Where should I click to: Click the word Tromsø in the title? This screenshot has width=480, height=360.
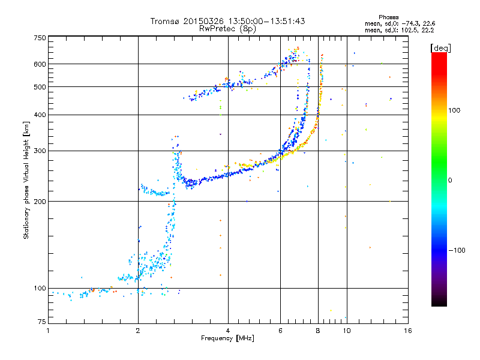point(166,21)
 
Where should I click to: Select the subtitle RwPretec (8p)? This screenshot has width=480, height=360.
point(227,29)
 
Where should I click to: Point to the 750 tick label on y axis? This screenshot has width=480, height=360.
point(40,38)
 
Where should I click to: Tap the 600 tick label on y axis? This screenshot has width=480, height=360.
point(40,64)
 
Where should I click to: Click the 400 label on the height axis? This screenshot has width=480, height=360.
point(40,115)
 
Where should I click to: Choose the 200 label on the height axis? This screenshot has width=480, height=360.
point(40,202)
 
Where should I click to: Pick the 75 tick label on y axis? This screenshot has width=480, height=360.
point(42,322)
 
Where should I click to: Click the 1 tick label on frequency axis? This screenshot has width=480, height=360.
point(48,331)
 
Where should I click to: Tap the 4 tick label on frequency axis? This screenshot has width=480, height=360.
point(228,331)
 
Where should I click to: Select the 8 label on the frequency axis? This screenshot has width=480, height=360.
point(318,331)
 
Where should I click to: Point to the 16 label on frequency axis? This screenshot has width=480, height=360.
point(408,331)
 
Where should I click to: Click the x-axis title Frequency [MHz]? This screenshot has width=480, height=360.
point(227,338)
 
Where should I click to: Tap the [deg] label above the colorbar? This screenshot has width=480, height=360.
point(440,48)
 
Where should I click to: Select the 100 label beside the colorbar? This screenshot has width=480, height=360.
point(454,110)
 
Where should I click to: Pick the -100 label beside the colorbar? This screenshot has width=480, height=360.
point(457,250)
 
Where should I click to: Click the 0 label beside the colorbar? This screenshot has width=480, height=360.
point(450,181)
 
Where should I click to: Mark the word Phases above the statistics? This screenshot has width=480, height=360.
point(388,17)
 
